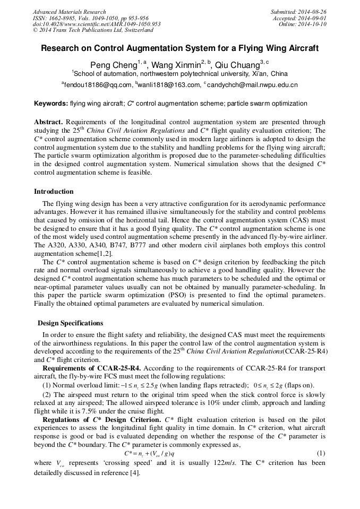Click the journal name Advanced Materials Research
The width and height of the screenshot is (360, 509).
coord(69,12)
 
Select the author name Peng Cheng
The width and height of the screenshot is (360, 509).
coord(113,65)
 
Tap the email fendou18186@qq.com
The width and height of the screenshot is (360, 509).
coord(98,85)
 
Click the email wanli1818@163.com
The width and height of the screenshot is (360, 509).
coord(168,85)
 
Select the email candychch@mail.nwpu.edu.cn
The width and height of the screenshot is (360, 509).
coord(252,85)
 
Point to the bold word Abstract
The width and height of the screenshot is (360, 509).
coord(48,122)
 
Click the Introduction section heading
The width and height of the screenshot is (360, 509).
coord(54,192)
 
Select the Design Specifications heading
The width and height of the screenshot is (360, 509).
coord(71,323)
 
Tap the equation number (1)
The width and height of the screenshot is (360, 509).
coord(320,453)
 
